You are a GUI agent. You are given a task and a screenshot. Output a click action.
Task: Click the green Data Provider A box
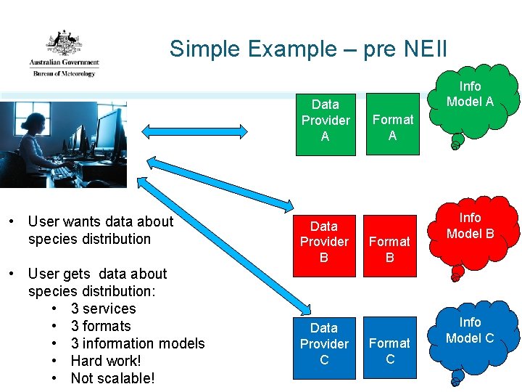pos(325,121)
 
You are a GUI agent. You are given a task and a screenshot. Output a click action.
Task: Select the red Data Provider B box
pos(324,242)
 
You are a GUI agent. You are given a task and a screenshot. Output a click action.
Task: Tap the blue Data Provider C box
pos(324,344)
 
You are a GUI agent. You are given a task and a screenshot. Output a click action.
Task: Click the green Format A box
pos(392,127)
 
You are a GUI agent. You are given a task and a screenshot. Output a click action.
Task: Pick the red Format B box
pos(390,249)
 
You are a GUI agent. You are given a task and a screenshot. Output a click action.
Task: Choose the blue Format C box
pos(390,351)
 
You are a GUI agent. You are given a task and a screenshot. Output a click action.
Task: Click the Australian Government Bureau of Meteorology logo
pos(64,54)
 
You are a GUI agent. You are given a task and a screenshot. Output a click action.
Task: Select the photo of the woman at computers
pos(63,144)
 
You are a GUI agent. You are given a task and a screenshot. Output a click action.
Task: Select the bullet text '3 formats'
pos(101,326)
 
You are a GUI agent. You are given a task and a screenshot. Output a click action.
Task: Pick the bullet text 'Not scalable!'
pos(112,378)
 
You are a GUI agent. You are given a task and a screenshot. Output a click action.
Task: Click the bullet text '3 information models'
pos(138,343)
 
